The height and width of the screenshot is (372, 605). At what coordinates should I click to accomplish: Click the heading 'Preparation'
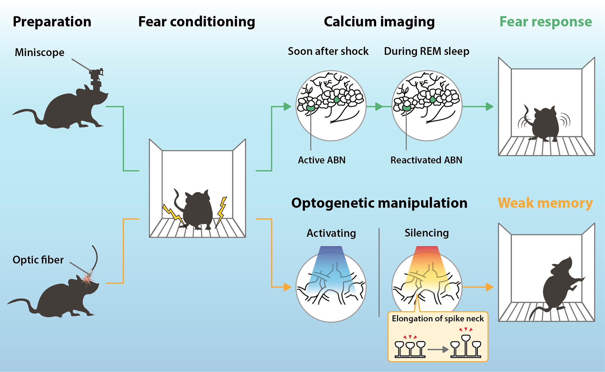pos(52,22)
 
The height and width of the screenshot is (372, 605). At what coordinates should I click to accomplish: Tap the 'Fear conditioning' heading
pos(197,22)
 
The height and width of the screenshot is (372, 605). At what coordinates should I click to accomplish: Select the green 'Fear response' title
pos(545,22)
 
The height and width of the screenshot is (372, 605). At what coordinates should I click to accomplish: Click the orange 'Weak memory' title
pos(545,203)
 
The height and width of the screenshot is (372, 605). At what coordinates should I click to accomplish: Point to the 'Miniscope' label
pos(39,52)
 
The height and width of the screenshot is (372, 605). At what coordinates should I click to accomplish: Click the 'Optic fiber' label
pos(38,260)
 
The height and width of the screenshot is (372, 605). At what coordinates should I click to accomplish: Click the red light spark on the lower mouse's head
pos(87,279)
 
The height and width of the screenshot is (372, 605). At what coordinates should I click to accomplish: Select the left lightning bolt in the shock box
pos(173,214)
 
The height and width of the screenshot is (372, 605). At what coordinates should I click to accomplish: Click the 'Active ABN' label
pos(322,160)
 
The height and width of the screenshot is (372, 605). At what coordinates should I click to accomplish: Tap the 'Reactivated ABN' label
pos(426,160)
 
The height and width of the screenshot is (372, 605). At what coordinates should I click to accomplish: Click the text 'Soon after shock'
pos(328,51)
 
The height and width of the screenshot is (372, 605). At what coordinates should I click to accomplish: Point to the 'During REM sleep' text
pos(427,51)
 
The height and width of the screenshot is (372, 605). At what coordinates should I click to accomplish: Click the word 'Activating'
pos(331,233)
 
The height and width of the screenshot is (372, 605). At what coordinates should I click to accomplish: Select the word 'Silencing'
pos(427,233)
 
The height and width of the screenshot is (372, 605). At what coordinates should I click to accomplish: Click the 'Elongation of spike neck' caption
pos(438,319)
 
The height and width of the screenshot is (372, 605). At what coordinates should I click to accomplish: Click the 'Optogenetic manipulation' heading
pos(379,203)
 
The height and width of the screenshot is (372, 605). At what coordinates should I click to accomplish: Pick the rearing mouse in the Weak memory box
pos(558,287)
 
